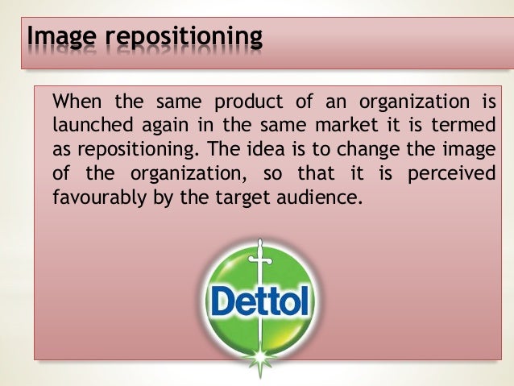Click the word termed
pos(467,127)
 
